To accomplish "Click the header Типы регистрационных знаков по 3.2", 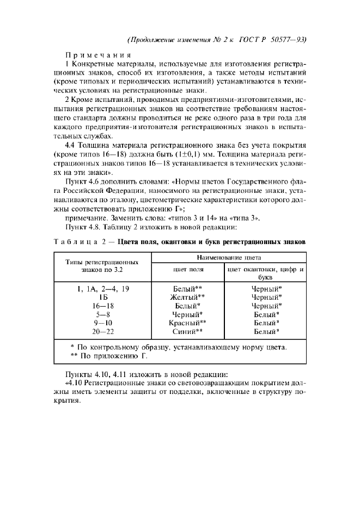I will click(102, 265).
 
